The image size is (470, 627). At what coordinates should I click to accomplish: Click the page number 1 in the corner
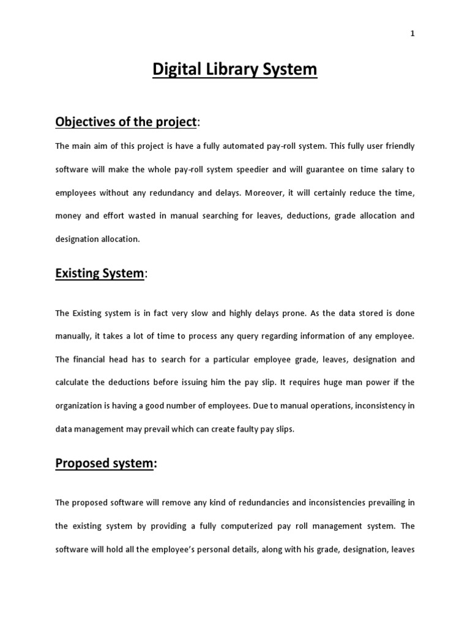[412, 34]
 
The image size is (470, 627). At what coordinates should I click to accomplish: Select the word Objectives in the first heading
[84, 122]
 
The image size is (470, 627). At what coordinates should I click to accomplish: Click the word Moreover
[269, 193]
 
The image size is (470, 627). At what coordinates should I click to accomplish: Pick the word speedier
[253, 170]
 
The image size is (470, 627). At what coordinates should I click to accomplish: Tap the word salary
[386, 170]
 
